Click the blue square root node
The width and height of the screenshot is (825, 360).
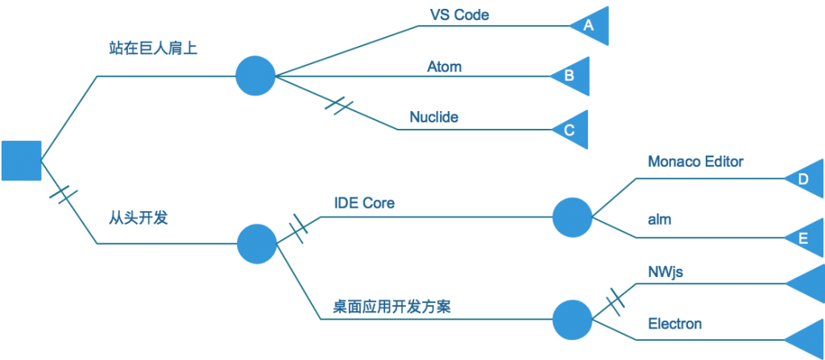tap(21, 160)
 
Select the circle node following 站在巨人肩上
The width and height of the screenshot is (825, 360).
tap(255, 76)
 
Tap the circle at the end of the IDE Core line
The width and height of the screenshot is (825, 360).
tap(573, 217)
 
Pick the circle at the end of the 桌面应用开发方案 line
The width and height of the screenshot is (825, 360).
tap(573, 320)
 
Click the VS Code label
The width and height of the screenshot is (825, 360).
tap(459, 14)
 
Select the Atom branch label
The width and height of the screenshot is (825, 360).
tap(444, 67)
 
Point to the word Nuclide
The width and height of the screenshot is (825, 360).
tap(433, 118)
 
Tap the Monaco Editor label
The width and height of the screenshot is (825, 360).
tap(695, 161)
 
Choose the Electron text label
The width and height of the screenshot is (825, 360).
tap(675, 325)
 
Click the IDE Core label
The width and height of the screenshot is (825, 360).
tap(364, 203)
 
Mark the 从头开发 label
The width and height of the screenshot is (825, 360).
tap(138, 217)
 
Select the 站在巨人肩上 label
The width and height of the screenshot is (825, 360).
tap(153, 50)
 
